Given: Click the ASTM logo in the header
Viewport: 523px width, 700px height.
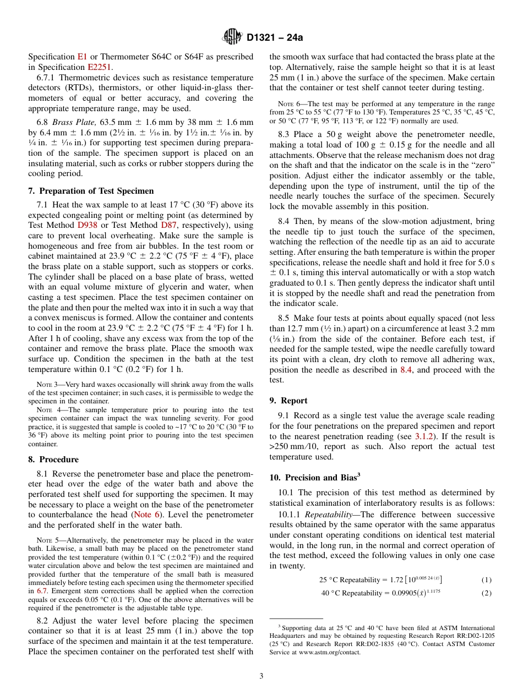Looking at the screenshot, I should point(232,38).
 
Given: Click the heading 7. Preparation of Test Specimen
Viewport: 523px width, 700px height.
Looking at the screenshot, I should point(91,191).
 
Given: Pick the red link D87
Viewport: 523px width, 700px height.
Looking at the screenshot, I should point(167,225).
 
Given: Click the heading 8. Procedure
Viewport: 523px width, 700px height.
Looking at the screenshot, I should point(53,460).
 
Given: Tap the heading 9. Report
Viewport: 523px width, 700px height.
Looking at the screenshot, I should point(288,401).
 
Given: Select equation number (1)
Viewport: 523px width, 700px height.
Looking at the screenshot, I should point(486,579).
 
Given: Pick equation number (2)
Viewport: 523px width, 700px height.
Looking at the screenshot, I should point(486,593).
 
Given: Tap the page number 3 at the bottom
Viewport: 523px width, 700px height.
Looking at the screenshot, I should point(261,676).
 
